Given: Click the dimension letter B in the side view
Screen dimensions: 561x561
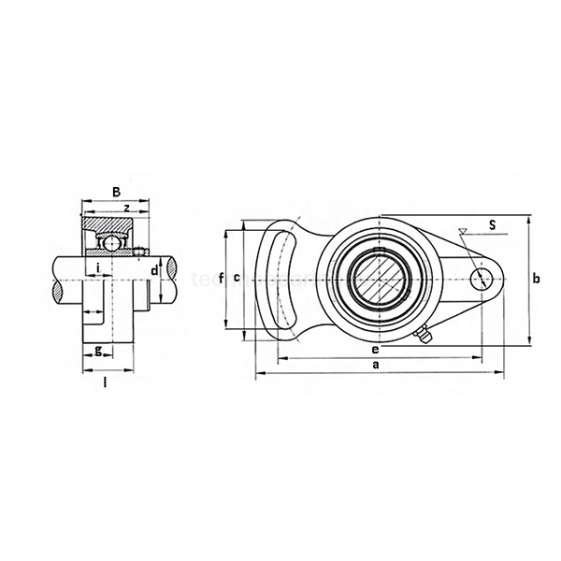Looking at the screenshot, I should (117, 192).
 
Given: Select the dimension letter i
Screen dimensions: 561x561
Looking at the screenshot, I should (99, 269).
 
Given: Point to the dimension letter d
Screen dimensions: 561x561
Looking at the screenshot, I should (155, 270).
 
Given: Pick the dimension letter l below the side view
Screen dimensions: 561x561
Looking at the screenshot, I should (106, 382).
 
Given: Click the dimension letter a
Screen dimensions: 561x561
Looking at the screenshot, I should (376, 366).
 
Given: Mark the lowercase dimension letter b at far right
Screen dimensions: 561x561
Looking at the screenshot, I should (536, 279).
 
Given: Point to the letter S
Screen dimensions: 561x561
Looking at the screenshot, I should (493, 224).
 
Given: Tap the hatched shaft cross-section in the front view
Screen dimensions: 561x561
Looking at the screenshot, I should (377, 277).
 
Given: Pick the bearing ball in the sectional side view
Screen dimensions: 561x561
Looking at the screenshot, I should (111, 244).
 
